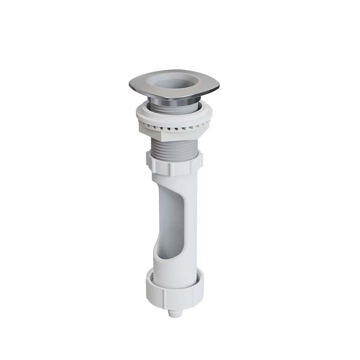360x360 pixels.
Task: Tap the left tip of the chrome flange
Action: [131, 84]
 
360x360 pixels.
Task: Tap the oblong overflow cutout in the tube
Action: [171, 220]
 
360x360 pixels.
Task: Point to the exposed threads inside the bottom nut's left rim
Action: [152, 274]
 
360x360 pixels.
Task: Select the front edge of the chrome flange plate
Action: [173, 93]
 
